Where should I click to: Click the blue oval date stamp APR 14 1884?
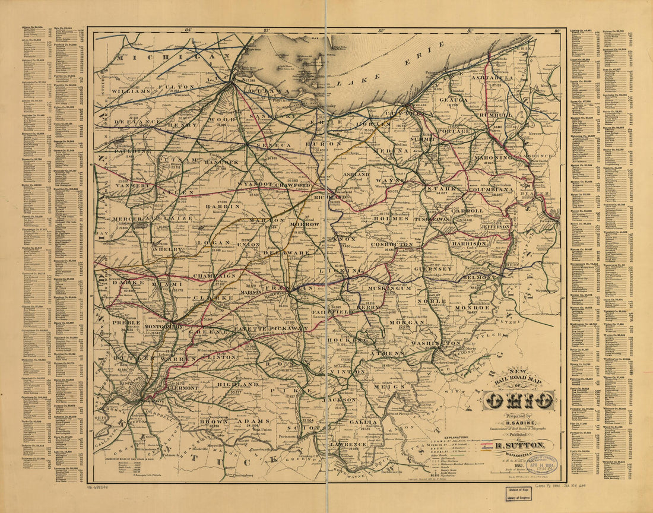(541, 464)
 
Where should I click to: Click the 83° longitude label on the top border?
(267, 30)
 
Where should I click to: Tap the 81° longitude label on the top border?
(470, 30)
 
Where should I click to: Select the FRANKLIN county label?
(289, 288)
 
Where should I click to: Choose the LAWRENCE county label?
(349, 444)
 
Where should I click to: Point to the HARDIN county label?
(223, 206)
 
